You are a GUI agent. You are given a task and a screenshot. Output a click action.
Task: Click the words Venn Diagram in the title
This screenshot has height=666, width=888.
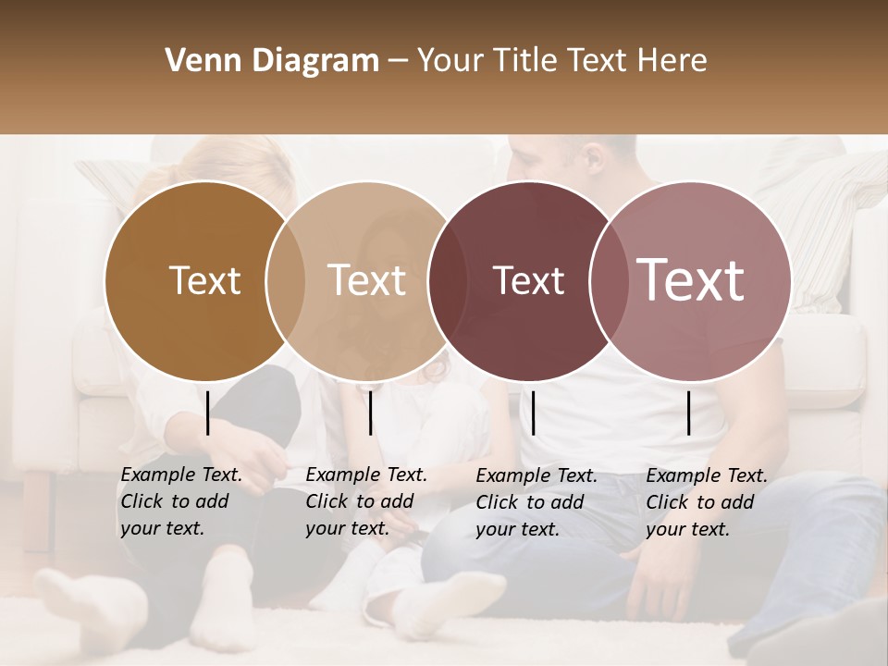(x=272, y=61)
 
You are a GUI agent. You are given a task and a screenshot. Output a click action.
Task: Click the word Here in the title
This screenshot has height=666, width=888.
(x=672, y=61)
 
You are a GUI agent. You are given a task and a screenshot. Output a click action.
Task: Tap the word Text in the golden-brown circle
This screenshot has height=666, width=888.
(x=204, y=280)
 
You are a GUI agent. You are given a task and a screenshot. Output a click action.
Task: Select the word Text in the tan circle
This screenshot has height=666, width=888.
(x=367, y=280)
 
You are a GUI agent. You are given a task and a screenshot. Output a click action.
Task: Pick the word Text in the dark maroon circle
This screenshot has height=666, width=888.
(x=528, y=280)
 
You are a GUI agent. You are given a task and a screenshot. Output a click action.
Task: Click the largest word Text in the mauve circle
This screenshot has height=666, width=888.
(x=691, y=280)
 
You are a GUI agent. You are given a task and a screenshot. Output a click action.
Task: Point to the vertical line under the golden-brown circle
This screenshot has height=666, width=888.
(x=208, y=413)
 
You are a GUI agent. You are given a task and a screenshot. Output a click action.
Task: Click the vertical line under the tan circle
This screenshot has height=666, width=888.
(x=370, y=413)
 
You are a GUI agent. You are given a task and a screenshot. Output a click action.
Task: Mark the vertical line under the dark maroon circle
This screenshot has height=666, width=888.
(x=534, y=413)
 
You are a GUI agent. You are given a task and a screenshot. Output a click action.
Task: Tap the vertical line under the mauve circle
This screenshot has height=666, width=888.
(x=689, y=413)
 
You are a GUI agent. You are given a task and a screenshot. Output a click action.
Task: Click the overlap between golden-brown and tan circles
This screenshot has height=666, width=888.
(x=286, y=281)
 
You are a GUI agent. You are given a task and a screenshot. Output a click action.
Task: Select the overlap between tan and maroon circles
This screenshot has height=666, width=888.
(x=448, y=281)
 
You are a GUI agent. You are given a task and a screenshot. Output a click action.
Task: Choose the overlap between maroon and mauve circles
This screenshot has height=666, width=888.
(x=609, y=281)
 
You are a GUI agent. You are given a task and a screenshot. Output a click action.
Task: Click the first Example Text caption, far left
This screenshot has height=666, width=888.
(x=180, y=501)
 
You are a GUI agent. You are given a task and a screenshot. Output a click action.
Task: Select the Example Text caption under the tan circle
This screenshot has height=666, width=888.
(x=365, y=501)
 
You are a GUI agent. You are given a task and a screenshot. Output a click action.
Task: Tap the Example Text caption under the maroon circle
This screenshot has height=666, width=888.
(x=536, y=502)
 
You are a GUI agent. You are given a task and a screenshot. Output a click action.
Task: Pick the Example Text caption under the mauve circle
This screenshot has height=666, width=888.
(x=706, y=502)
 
